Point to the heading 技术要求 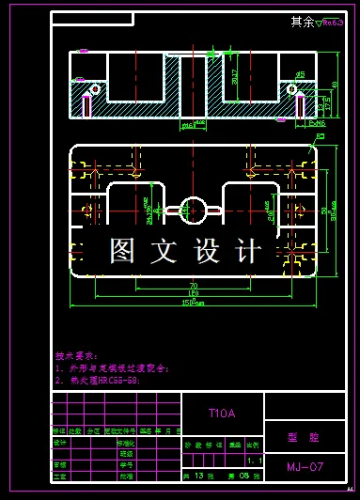75,357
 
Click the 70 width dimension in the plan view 193,285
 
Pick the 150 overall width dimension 194,303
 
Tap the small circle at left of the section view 94,88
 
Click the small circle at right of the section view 292,88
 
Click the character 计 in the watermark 247,251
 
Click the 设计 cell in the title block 61,442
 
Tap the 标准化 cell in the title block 124,442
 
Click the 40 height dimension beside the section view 334,85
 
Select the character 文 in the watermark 165,251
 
